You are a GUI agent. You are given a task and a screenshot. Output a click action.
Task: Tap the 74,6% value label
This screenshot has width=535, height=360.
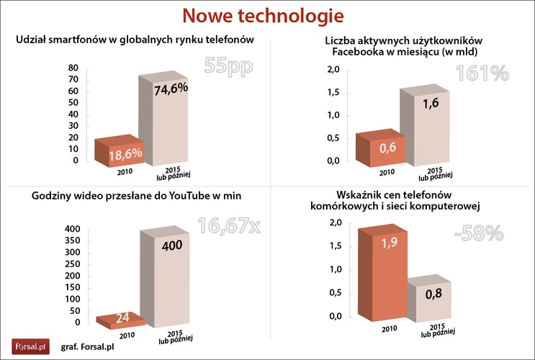pos(171,89)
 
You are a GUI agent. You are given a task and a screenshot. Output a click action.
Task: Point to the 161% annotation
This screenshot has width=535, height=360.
pos(482,73)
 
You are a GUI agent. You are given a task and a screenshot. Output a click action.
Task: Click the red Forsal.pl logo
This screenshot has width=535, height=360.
pos(30,346)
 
